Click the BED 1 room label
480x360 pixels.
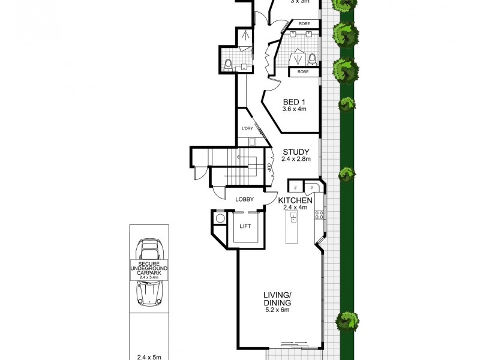pyautogui.click(x=295, y=101)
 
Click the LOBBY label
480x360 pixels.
pyautogui.click(x=244, y=199)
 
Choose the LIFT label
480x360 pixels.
pyautogui.click(x=245, y=226)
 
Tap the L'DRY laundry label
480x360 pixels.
pyautogui.click(x=247, y=129)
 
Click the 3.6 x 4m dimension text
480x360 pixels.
pyautogui.click(x=295, y=109)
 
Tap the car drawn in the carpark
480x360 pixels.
pyautogui.click(x=149, y=271)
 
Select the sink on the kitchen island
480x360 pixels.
pyautogui.click(x=293, y=217)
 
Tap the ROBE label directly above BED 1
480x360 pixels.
pyautogui.click(x=303, y=71)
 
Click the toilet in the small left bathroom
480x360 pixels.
pyautogui.click(x=228, y=64)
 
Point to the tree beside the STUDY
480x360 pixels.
pyautogui.click(x=347, y=175)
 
